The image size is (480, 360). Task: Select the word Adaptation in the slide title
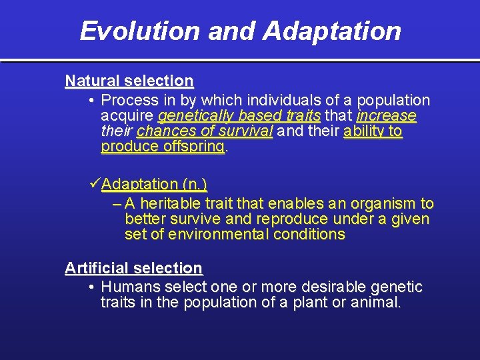(331, 31)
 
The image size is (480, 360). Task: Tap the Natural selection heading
(129, 81)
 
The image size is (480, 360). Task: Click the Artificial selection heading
(133, 268)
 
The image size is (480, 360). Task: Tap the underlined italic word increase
(386, 116)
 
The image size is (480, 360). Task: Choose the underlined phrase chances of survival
(205, 131)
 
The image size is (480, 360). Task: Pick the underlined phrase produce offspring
(163, 147)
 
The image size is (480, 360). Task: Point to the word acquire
(127, 116)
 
